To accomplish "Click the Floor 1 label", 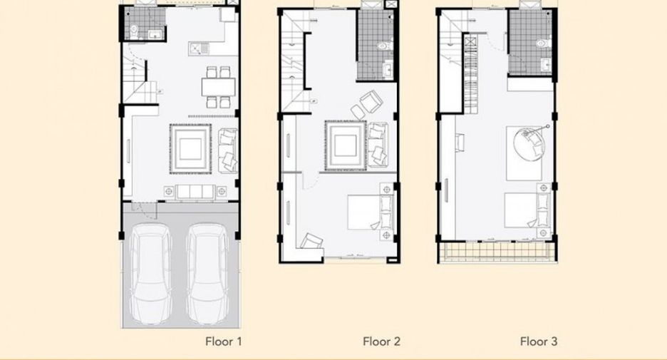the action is pos(223,341).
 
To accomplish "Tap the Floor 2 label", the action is pos(381,341).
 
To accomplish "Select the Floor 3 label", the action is pos(539,341).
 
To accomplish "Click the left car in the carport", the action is pos(150,274).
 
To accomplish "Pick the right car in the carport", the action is pos(208,274).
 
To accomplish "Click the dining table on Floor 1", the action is pos(218,87).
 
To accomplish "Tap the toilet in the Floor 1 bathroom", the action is pos(133,30).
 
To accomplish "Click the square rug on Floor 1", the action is pos(190,148).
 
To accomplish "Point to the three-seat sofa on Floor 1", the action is pos(195,192).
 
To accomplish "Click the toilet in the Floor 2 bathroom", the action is pos(386,45).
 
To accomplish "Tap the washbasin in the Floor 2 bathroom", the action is pos(388,70).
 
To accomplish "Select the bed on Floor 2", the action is pos(370,212).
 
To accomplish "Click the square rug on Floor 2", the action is pos(346,145).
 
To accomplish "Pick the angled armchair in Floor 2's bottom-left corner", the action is pos(311,241).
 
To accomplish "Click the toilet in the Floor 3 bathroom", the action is pos(543,43).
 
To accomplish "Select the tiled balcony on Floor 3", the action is pos(497,252).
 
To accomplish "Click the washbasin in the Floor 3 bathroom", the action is pos(546,65).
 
